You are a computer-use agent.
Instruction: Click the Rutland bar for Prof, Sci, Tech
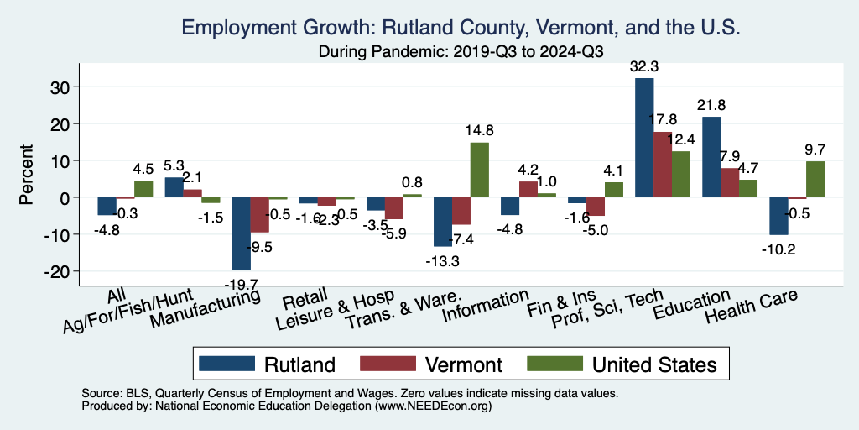pos(644,138)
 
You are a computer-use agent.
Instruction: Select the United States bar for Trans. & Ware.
pos(480,170)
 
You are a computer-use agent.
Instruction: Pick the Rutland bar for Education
pos(711,157)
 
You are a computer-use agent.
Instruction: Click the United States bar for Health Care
pos(815,179)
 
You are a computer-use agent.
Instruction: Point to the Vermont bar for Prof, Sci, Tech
pos(663,165)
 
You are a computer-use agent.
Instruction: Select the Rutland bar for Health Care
pos(778,216)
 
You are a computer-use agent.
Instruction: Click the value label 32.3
pos(645,66)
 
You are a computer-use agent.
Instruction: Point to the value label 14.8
pos(479,130)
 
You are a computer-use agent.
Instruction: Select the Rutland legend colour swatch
pos(226,364)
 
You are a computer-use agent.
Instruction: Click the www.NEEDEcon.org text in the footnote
pos(428,406)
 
